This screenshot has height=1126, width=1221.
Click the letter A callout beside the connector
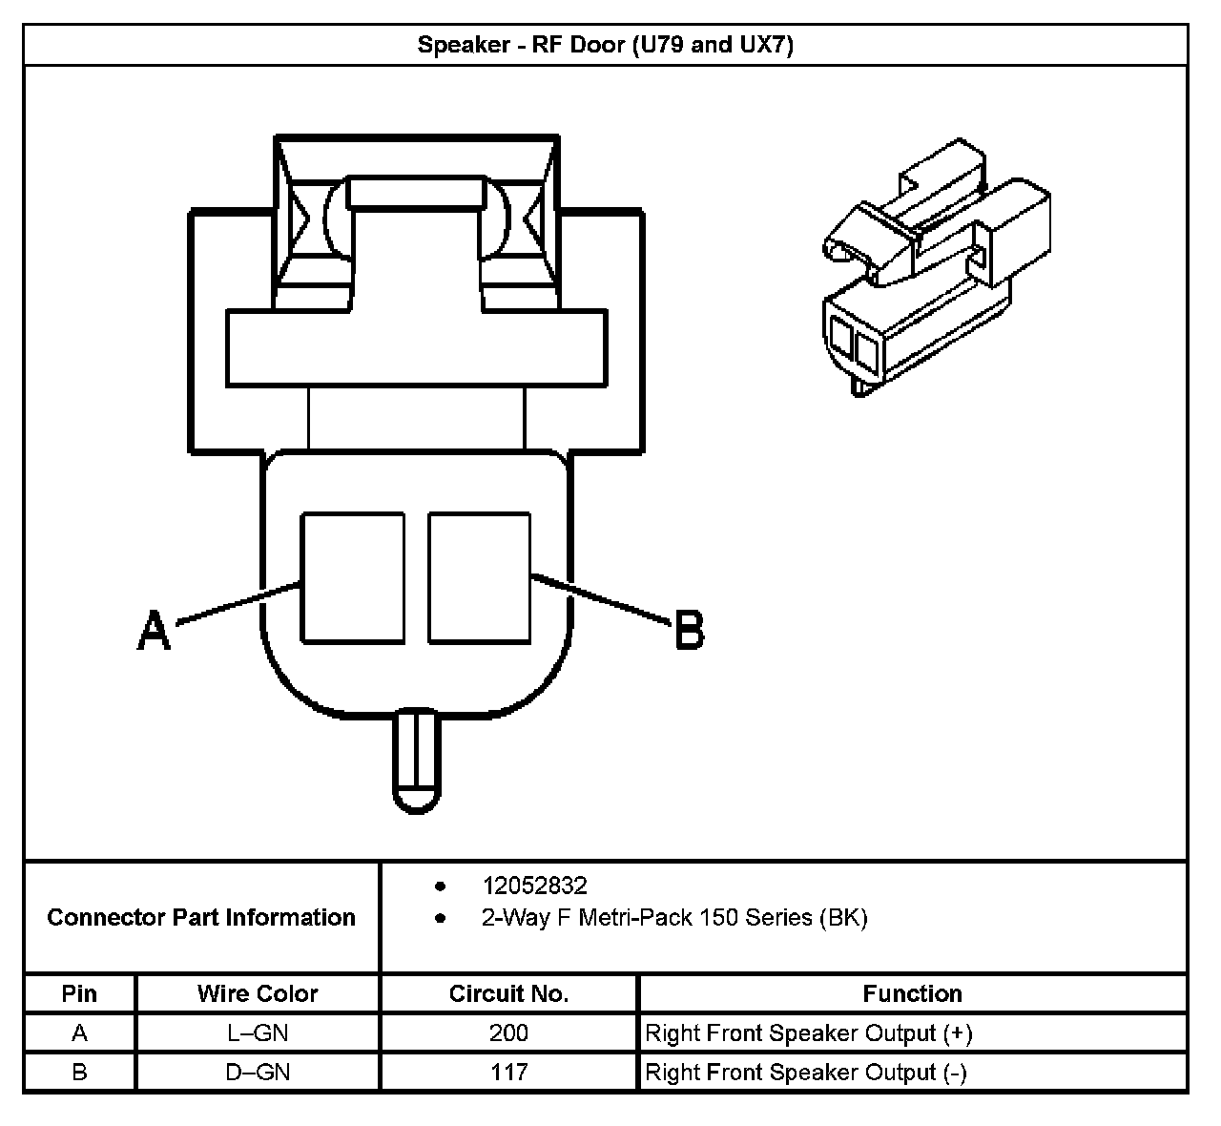(154, 631)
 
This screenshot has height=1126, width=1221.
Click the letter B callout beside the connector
(689, 631)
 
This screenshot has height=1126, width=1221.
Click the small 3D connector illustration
(935, 267)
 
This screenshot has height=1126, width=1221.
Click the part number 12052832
(534, 886)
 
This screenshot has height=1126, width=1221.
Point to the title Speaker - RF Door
(606, 45)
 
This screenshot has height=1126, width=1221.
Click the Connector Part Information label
(201, 917)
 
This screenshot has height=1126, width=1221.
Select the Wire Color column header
(258, 993)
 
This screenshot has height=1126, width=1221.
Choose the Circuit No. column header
(508, 993)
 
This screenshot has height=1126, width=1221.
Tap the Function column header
(912, 993)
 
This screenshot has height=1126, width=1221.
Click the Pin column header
(79, 993)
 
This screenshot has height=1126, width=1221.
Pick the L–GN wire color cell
(258, 1032)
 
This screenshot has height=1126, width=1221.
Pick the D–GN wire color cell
(258, 1072)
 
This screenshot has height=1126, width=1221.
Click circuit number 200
(508, 1032)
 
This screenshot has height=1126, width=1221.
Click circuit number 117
(508, 1072)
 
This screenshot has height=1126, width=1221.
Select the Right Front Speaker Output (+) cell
(809, 1032)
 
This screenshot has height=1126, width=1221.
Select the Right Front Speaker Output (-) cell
(806, 1072)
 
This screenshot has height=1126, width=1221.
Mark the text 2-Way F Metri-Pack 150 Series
(674, 918)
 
